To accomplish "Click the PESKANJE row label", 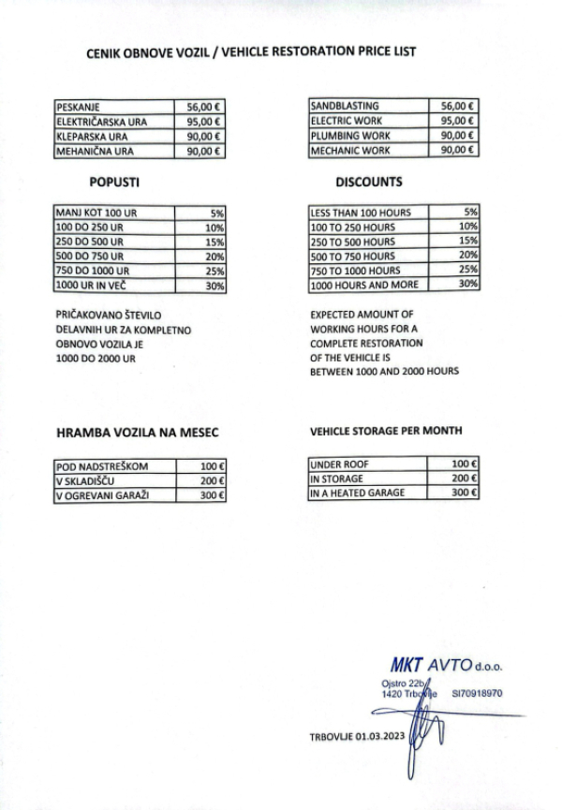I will [x=79, y=107].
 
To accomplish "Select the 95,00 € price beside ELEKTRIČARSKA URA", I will [x=205, y=121].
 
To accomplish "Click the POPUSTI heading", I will [x=114, y=183].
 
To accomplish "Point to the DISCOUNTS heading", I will [x=369, y=183].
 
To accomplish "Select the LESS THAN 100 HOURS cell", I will [x=361, y=213].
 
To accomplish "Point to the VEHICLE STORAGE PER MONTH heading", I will [x=385, y=431].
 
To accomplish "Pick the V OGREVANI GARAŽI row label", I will [x=103, y=494].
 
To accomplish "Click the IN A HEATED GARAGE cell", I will [x=358, y=493].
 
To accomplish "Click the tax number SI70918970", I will [x=478, y=694].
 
